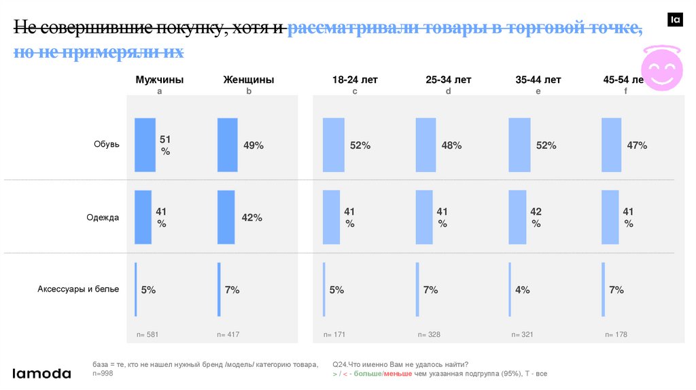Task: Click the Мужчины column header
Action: tap(159, 79)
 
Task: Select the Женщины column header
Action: tap(248, 79)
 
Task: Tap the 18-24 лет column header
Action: tap(355, 79)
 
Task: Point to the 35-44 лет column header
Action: tap(538, 79)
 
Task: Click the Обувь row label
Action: tap(107, 144)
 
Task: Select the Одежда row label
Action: tap(103, 217)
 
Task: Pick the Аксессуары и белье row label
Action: tap(78, 289)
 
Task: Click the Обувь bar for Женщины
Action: tap(227, 145)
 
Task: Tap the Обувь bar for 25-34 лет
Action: tap(425, 145)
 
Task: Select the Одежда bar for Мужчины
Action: tap(143, 217)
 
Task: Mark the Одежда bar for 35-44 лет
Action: tap(517, 217)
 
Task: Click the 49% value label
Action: tap(253, 145)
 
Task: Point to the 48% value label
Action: tap(451, 145)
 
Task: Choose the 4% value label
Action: tap(522, 290)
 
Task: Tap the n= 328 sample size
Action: tap(430, 334)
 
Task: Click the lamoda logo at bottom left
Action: tap(42, 373)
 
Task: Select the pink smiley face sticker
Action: tap(661, 69)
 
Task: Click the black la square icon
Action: tap(675, 20)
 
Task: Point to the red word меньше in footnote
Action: tap(398, 374)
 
